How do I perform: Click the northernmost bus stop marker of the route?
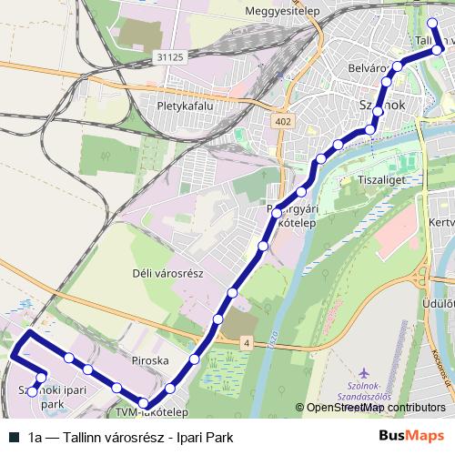click(x=431, y=22)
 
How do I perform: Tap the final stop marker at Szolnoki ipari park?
click(x=32, y=391)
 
